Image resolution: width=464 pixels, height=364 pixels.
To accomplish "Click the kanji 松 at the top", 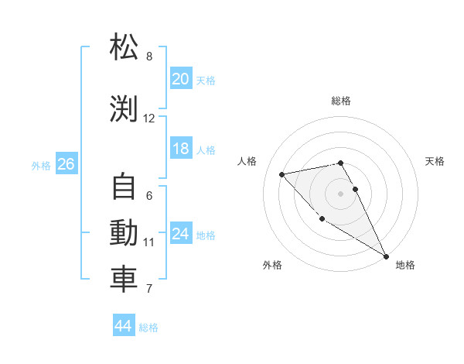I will pyautogui.click(x=124, y=48).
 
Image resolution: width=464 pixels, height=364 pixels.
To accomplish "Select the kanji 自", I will pyautogui.click(x=124, y=187).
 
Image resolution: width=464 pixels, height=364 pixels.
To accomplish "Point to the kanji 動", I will pyautogui.click(x=124, y=233).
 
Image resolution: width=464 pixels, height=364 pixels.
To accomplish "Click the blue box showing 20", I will pyautogui.click(x=180, y=79).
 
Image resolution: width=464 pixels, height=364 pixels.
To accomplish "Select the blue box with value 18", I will pyautogui.click(x=180, y=149).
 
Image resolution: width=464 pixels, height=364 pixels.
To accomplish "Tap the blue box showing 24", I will pyautogui.click(x=180, y=234).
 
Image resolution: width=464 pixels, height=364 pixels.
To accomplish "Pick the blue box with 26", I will pyautogui.click(x=66, y=164).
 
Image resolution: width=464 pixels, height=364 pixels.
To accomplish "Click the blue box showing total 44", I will pyautogui.click(x=123, y=326).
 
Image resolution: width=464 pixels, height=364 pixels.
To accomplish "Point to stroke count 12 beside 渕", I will pyautogui.click(x=149, y=118).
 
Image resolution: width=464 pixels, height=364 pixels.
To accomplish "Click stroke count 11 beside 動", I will pyautogui.click(x=149, y=242).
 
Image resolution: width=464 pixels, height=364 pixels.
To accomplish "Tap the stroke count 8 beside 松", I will pyautogui.click(x=149, y=57).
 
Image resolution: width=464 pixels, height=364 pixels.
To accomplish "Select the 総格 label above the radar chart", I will pyautogui.click(x=340, y=101).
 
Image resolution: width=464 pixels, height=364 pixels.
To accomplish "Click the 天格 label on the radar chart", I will pyautogui.click(x=435, y=161).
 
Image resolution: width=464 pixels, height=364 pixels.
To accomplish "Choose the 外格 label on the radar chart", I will pyautogui.click(x=272, y=265).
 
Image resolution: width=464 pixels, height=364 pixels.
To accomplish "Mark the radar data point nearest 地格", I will pyautogui.click(x=387, y=256).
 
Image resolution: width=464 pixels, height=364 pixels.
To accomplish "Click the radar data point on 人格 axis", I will pyautogui.click(x=282, y=174).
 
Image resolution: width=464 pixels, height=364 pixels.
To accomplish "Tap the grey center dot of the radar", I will pyautogui.click(x=340, y=193).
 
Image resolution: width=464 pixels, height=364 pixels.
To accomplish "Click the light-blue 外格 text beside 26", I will pyautogui.click(x=41, y=165).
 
